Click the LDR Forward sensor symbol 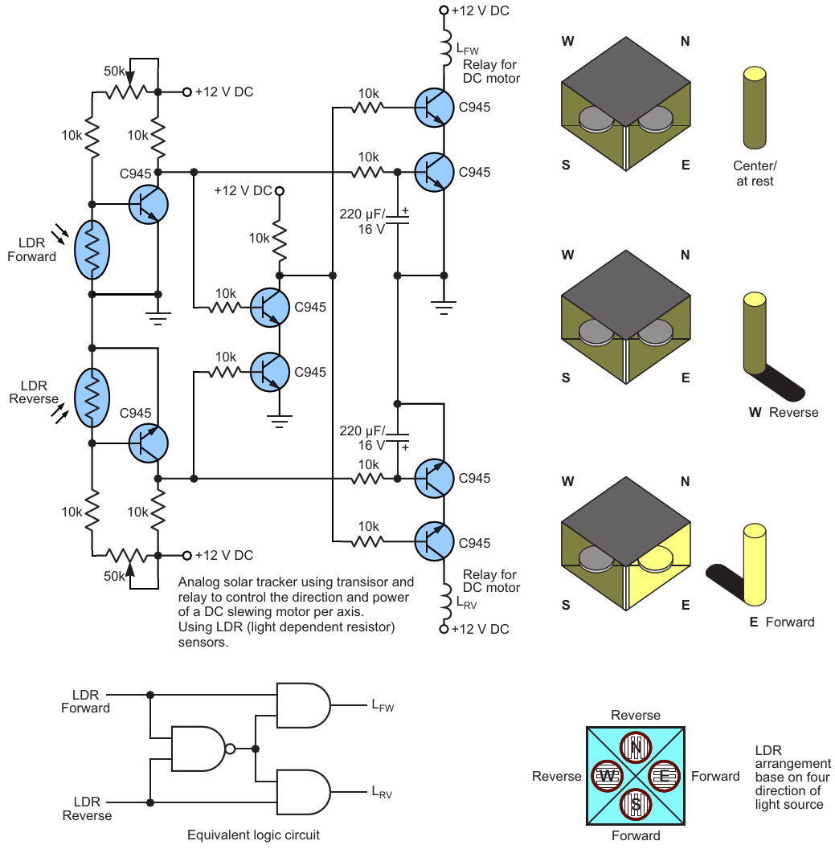click(92, 248)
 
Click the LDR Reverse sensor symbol click(92, 398)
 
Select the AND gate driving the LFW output click(302, 704)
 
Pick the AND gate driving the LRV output click(302, 791)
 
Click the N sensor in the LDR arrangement click(636, 747)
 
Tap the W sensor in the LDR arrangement click(607, 776)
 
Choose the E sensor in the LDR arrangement click(664, 776)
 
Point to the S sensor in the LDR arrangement click(636, 804)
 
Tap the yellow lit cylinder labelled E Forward click(754, 564)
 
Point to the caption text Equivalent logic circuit click(253, 835)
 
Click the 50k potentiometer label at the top click(115, 71)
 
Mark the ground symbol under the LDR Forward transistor click(158, 317)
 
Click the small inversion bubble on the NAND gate click(231, 749)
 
